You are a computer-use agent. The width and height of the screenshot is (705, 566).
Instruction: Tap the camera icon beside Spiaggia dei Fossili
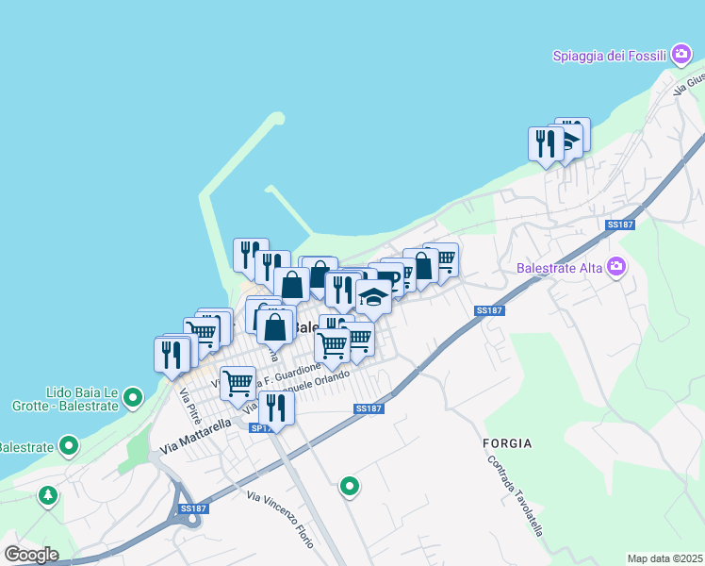click(x=681, y=56)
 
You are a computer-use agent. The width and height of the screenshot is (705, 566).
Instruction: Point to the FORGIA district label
click(x=507, y=442)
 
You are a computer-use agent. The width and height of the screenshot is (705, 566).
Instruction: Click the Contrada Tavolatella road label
click(x=516, y=497)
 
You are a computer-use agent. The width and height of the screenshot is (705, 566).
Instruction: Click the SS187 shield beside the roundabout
click(x=192, y=508)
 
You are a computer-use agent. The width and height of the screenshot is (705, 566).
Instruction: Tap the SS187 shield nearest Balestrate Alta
click(x=618, y=225)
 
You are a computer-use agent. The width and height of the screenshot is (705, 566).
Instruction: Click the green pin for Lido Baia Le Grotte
click(x=133, y=398)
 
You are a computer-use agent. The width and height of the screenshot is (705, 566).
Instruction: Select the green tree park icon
click(x=47, y=494)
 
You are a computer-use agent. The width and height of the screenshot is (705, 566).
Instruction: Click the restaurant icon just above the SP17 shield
click(x=275, y=407)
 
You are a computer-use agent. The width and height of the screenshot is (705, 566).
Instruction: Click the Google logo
click(x=31, y=555)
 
